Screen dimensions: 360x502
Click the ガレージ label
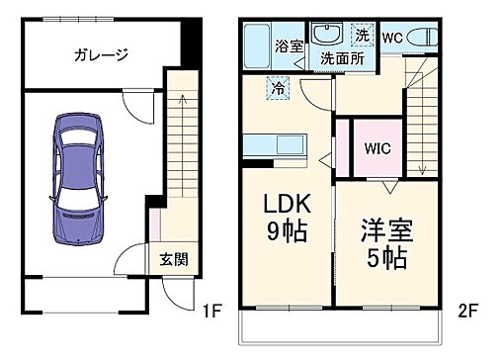(x=101, y=55)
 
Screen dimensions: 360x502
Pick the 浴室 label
(x=289, y=46)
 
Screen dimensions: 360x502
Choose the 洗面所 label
(x=341, y=58)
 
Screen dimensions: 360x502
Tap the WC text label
(x=391, y=38)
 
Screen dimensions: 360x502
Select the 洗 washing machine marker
(x=363, y=33)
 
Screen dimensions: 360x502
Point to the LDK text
(x=286, y=206)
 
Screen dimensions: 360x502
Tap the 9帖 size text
(x=286, y=233)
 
